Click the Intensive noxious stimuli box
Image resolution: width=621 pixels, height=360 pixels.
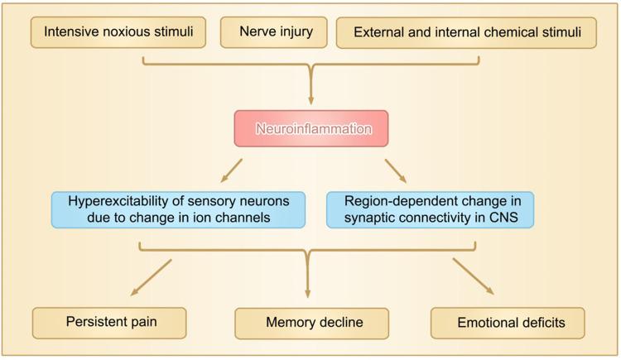(x=118, y=32)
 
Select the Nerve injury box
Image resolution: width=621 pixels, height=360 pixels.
(x=274, y=32)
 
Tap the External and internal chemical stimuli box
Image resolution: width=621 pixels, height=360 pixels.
(x=466, y=32)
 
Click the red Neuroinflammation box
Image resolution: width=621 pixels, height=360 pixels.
(x=311, y=129)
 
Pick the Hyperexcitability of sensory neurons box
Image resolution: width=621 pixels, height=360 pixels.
(x=178, y=210)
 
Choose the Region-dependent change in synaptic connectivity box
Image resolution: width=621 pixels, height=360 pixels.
(x=430, y=210)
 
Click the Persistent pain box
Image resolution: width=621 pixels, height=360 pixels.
(x=109, y=323)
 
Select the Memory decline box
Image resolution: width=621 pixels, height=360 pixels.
(x=311, y=323)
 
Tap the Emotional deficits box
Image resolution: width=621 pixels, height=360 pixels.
(x=508, y=323)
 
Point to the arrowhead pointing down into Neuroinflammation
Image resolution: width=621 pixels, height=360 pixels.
(x=310, y=100)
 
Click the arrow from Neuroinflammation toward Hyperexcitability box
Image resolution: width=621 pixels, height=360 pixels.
(x=231, y=170)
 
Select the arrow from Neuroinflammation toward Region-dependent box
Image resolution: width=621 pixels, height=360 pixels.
(x=396, y=171)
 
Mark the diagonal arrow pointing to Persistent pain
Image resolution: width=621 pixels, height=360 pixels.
(x=151, y=277)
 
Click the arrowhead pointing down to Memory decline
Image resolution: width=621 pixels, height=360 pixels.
(x=307, y=293)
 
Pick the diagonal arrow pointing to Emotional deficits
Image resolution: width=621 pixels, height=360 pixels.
(x=474, y=276)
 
